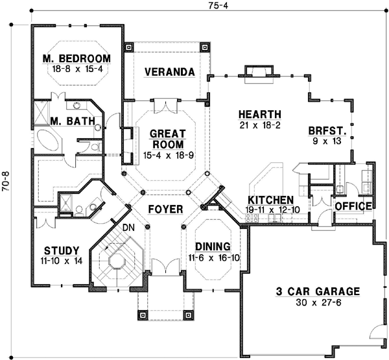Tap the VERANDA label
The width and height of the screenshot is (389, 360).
coord(170,71)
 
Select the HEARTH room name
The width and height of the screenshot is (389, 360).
coord(258,112)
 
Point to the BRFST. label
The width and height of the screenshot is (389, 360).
coord(326,130)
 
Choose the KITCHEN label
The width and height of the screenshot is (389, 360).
coord(270,200)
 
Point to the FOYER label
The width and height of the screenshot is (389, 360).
coord(164,210)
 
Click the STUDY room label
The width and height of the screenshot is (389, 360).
coord(62,250)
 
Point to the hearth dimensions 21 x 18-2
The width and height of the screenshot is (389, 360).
coord(258,125)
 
